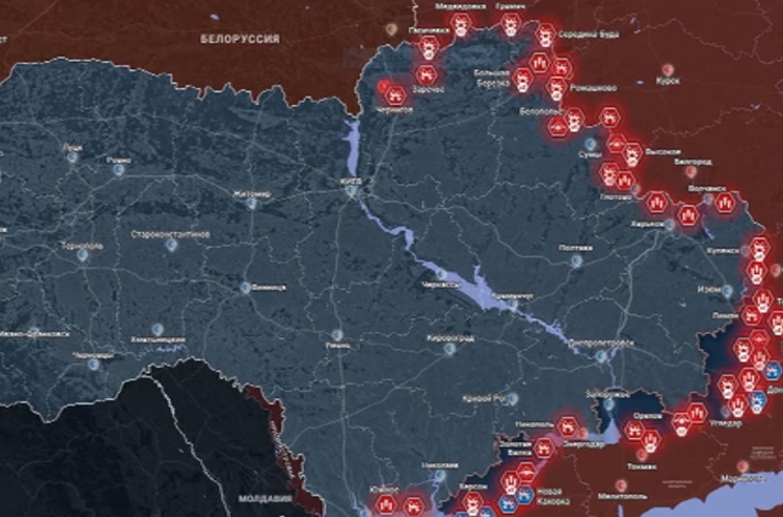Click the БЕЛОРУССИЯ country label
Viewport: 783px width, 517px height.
coord(239,39)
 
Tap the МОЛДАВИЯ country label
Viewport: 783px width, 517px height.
coord(266,499)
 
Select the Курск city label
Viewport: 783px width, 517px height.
coord(668,80)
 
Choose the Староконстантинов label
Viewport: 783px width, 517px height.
coord(170,235)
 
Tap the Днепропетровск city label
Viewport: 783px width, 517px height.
coord(601,343)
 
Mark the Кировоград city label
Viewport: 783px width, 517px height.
coord(450,339)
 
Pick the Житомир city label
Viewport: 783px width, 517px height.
coord(252,193)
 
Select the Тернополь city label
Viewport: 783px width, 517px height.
coord(82,245)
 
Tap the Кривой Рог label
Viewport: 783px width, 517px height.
coord(486,399)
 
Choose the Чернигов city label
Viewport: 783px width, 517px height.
coord(393,110)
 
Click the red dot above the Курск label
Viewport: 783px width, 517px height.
coord(668,69)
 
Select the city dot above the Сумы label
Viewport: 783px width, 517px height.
coord(589,144)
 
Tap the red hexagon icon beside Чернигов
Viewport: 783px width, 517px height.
coord(397,93)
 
